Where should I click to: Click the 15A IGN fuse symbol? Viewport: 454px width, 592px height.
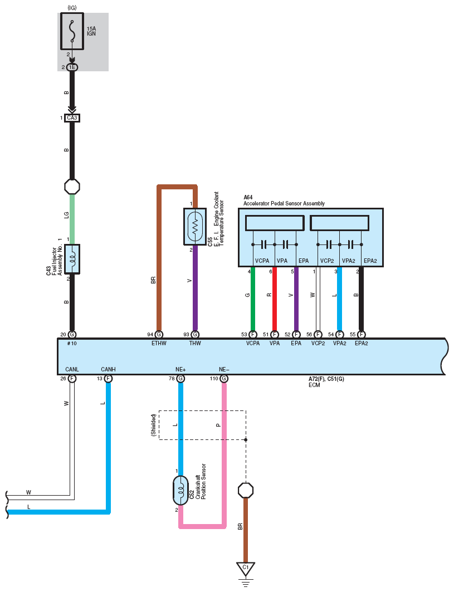[72, 31]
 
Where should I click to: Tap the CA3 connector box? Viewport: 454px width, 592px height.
[72, 118]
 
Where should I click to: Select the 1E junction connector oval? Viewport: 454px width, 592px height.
[72, 67]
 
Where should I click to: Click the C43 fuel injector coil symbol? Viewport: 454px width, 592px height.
[72, 259]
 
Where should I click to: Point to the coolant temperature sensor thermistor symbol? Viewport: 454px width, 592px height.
[195, 227]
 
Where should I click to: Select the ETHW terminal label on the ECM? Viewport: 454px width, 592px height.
[159, 343]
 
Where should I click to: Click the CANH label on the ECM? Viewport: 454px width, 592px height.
[109, 369]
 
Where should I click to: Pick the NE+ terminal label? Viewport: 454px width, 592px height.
[180, 369]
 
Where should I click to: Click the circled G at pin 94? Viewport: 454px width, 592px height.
[159, 335]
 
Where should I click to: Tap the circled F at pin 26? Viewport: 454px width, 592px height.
[72, 378]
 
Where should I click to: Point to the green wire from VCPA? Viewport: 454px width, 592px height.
[253, 299]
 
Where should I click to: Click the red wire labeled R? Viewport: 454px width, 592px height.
[275, 299]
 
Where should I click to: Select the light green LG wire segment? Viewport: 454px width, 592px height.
[72, 219]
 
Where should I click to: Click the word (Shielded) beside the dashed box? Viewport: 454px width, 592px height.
[153, 425]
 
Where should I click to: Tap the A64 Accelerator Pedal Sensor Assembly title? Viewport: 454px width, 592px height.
[284, 200]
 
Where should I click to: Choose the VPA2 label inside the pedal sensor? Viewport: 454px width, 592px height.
[349, 261]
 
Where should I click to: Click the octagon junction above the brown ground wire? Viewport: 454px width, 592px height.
[246, 491]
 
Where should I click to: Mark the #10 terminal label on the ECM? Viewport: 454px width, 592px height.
[72, 343]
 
